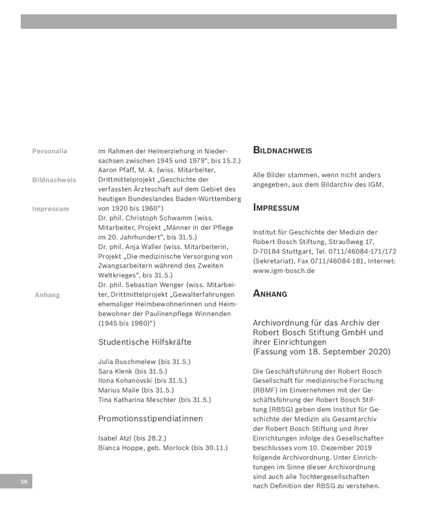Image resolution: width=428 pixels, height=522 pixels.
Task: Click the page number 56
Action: [x=23, y=482]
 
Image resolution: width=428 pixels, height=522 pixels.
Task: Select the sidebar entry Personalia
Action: [x=50, y=151]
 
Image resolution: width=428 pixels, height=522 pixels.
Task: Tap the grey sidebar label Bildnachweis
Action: [x=54, y=179]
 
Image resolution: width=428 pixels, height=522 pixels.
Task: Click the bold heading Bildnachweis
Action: [x=283, y=151]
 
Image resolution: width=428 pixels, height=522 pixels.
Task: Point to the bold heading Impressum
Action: [x=276, y=208]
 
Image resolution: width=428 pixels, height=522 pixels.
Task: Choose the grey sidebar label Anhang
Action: [x=47, y=294]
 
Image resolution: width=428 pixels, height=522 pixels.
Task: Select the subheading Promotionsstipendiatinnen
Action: [x=150, y=418]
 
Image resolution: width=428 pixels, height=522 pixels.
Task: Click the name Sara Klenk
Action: [x=116, y=371]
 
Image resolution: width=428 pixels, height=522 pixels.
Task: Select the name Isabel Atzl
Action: [x=114, y=438]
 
